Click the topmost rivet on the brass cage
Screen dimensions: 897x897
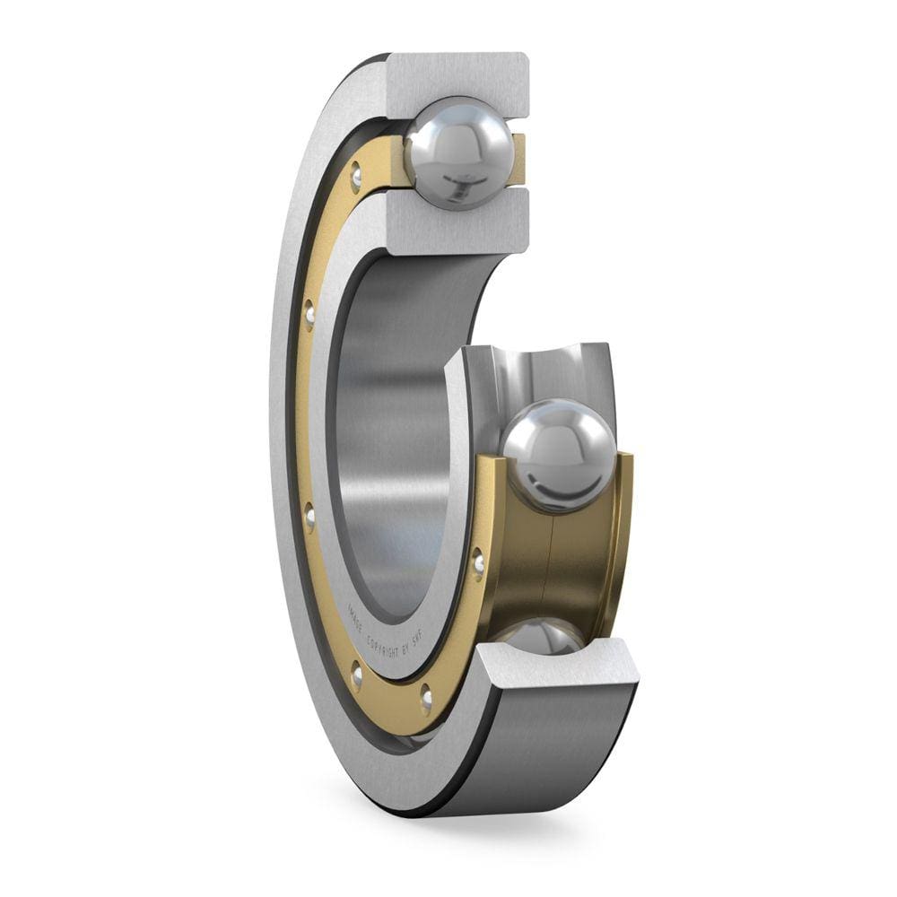point(356,175)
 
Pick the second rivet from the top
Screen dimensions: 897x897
point(309,313)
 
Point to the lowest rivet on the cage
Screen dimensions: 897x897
point(425,697)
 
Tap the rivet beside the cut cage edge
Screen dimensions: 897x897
point(478,562)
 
